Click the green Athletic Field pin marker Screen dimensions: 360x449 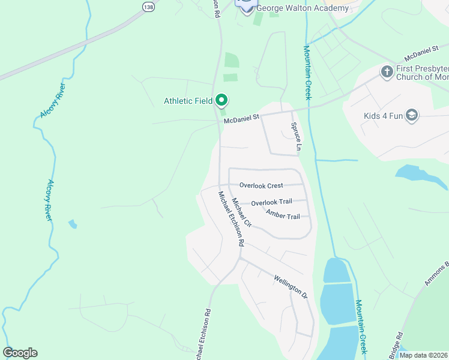(221, 100)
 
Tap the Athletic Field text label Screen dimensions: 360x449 (188, 101)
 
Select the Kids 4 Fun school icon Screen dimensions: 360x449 (412, 115)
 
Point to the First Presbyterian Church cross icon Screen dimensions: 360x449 (387, 73)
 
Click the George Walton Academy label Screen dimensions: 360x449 (302, 8)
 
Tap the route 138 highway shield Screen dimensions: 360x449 (148, 6)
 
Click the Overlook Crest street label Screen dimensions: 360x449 (261, 186)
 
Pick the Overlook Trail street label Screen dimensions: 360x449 (271, 203)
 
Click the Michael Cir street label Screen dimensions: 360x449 (241, 212)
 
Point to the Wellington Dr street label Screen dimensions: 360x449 (290, 287)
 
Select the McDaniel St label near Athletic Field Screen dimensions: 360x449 (241, 120)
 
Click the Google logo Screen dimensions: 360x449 (20, 353)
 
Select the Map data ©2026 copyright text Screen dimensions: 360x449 (423, 355)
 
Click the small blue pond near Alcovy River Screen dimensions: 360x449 (73, 224)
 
